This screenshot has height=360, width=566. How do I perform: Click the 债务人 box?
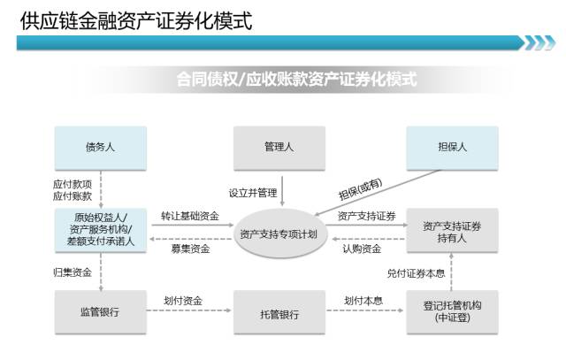tap(100, 149)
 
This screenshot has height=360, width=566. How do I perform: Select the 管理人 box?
tap(279, 149)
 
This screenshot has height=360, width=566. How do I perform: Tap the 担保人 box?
tap(452, 149)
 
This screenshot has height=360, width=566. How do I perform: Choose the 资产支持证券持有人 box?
tap(452, 232)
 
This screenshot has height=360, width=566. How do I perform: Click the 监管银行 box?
tap(100, 312)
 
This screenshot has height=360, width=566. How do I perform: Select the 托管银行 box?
tap(279, 312)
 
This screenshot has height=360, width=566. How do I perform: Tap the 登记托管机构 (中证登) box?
tap(452, 312)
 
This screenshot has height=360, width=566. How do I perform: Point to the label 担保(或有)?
tap(360, 188)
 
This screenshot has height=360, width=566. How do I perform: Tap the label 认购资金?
tap(363, 249)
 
